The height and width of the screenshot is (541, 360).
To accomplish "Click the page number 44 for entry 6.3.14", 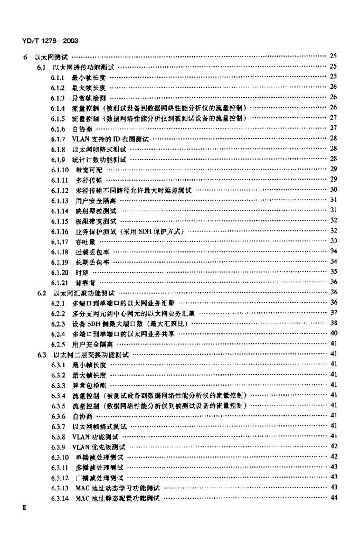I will [333, 498].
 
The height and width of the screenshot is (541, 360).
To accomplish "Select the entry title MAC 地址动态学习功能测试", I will [117, 488].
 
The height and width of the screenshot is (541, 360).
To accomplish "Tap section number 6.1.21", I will [60, 283].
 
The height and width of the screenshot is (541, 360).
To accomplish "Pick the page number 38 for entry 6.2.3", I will [333, 323].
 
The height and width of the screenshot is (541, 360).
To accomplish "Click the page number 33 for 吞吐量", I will [333, 241].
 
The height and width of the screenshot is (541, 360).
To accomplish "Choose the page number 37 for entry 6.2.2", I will [333, 313].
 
